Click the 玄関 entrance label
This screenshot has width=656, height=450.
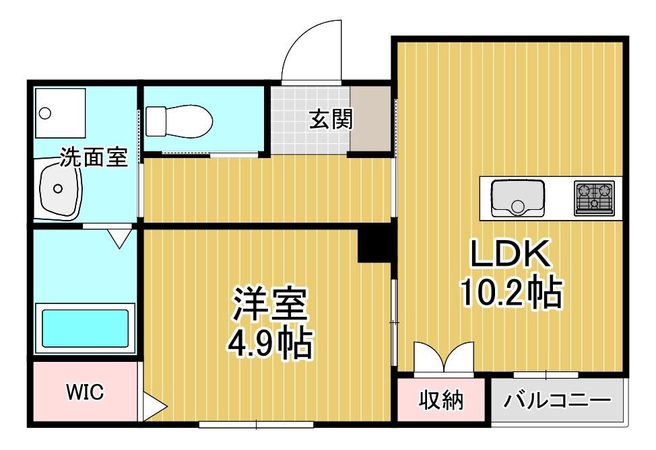(331, 119)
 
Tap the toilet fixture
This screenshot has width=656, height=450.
(178, 121)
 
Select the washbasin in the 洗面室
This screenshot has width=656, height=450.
(59, 190)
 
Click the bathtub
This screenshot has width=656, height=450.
(85, 328)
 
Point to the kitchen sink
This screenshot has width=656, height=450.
(518, 198)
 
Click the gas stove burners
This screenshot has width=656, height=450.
(594, 198)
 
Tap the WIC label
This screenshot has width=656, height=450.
(85, 392)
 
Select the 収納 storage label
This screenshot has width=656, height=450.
(441, 400)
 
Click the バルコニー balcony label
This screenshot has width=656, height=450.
(557, 400)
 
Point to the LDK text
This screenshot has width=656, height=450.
(510, 254)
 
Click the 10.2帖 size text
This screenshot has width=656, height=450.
(511, 293)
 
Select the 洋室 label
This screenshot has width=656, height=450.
(270, 304)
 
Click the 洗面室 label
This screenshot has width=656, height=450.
(94, 157)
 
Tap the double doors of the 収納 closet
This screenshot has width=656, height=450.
(444, 357)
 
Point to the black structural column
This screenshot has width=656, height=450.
(374, 246)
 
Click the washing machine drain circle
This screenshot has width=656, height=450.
(44, 113)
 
